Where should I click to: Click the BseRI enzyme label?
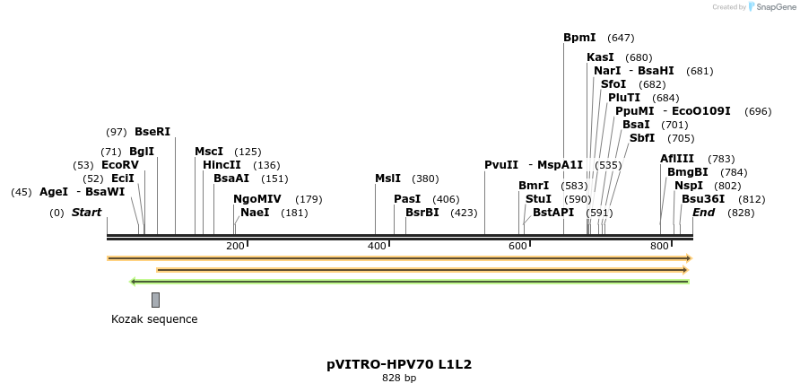[152, 132]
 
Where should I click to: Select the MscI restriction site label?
[209, 152]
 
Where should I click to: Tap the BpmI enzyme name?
[579, 38]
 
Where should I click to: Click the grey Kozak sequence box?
[155, 300]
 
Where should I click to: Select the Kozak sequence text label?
[154, 319]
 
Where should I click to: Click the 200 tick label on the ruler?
[235, 247]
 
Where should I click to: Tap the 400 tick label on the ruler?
[377, 247]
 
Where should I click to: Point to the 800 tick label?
[659, 247]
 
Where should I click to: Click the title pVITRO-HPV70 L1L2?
[399, 364]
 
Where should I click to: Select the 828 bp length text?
[399, 379]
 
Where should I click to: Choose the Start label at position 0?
[86, 213]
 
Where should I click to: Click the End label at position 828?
[704, 213]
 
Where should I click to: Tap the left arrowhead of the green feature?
[133, 282]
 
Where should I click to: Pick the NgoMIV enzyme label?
[257, 199]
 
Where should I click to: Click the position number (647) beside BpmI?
[621, 38]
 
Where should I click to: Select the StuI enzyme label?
[538, 199]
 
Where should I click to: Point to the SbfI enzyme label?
[642, 138]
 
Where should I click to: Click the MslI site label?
[387, 179]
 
